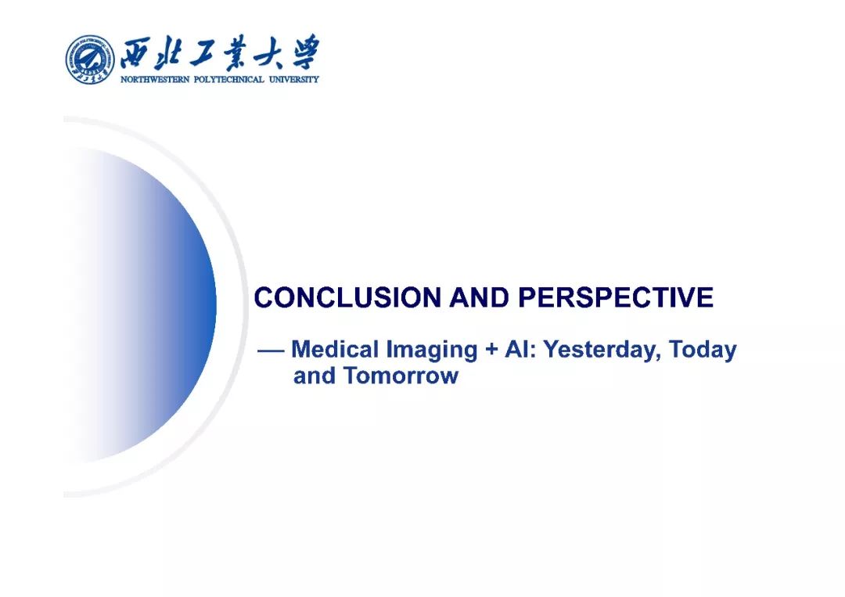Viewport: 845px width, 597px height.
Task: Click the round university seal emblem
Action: pos(90,59)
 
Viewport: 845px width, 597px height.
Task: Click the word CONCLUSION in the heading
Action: pos(347,298)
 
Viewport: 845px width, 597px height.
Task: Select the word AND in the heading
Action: pos(479,298)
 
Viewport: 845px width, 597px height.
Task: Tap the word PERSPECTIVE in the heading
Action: pos(616,298)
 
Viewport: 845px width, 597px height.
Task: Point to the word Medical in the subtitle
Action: pos(335,349)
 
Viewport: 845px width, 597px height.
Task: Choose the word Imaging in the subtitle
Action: pos(432,351)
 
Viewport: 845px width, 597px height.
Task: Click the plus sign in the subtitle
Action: pos(491,350)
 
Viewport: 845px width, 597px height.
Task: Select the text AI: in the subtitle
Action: pos(520,349)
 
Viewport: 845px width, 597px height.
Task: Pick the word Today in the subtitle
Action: pos(703,351)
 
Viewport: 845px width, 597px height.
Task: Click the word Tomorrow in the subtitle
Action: pos(401,376)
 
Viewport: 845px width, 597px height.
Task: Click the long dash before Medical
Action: pos(271,351)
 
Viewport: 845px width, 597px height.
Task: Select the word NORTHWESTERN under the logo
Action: pos(155,80)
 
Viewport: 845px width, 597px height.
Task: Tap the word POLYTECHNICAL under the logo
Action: pos(228,80)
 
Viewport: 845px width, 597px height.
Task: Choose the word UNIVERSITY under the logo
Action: pos(293,80)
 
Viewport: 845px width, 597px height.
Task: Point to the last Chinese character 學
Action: pos(303,52)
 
